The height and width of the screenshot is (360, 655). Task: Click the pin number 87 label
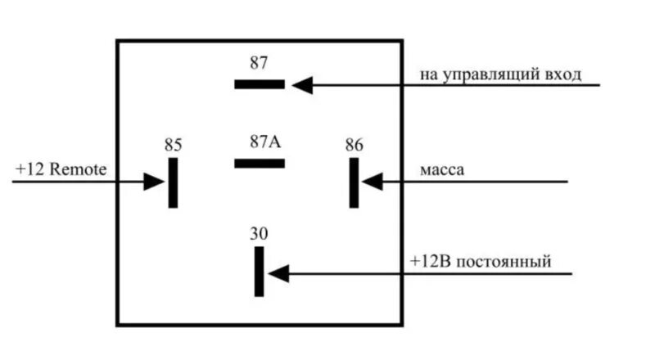tap(259, 63)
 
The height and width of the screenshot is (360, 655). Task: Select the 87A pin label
tap(264, 141)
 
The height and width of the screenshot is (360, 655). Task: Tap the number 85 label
tap(173, 145)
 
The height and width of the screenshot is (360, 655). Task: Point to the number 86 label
tap(354, 145)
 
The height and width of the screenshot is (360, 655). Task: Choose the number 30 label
tap(259, 234)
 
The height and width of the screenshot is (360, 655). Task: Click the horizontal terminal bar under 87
tap(259, 83)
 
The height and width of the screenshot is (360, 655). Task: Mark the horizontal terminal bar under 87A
tap(259, 163)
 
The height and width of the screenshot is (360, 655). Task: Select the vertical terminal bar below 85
tap(173, 182)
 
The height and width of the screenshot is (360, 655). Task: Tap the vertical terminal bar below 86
tap(354, 182)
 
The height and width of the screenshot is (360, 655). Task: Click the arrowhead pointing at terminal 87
tap(302, 83)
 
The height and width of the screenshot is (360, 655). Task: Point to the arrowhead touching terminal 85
tap(155, 181)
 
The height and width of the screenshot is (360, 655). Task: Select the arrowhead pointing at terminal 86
tap(373, 181)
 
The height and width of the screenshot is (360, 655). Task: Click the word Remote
tap(79, 169)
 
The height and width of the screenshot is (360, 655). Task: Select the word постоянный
tap(504, 262)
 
